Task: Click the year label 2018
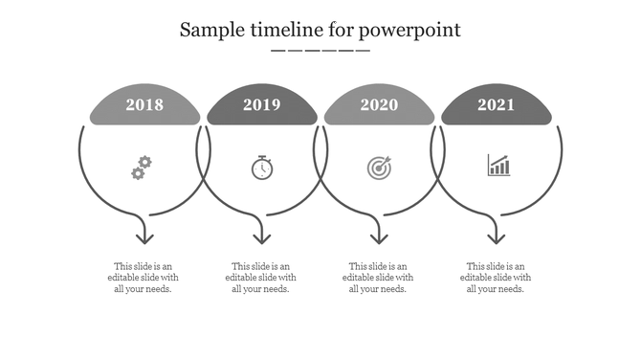point(144,105)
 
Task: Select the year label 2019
point(262,105)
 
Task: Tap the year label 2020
point(379,105)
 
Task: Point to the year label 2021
point(497,105)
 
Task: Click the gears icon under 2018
point(142,168)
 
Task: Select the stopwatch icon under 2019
point(262,168)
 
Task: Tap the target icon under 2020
point(379,168)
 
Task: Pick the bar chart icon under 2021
point(498,166)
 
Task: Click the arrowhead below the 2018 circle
point(144,236)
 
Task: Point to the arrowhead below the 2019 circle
point(262,236)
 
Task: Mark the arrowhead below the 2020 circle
point(379,236)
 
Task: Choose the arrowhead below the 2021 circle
point(496,236)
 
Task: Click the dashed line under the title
point(320,51)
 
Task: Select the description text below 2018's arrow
point(144,278)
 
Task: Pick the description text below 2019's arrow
point(261,278)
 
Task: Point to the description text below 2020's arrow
point(378,278)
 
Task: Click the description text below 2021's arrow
point(496,278)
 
